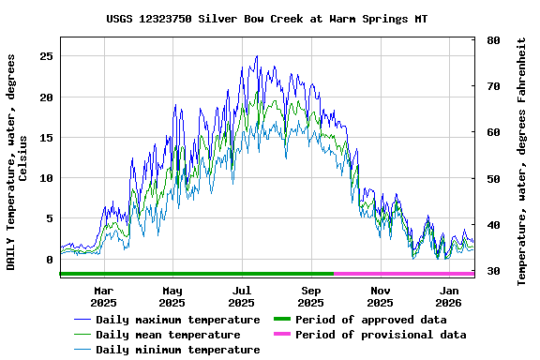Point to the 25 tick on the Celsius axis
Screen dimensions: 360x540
click(46, 56)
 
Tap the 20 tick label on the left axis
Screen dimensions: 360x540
click(46, 97)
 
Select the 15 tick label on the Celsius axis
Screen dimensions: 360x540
click(46, 138)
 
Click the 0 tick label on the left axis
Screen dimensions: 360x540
click(50, 260)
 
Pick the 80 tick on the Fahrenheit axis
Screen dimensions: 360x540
click(493, 41)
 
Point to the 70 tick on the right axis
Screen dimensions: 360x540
click(493, 86)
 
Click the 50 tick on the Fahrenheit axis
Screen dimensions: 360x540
click(493, 179)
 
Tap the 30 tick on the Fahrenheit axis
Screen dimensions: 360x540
click(493, 271)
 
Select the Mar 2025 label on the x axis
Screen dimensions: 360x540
click(103, 296)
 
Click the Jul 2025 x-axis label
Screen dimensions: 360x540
click(242, 296)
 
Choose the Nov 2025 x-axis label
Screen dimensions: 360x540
click(380, 296)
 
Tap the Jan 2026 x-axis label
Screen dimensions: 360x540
click(449, 296)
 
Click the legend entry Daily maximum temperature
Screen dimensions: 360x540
click(177, 320)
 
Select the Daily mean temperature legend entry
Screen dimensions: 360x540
click(168, 335)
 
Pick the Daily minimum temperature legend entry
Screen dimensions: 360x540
click(177, 350)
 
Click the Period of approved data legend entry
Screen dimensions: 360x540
click(370, 320)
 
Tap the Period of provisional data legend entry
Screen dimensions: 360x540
click(381, 335)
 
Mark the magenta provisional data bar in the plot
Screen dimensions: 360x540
click(403, 274)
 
